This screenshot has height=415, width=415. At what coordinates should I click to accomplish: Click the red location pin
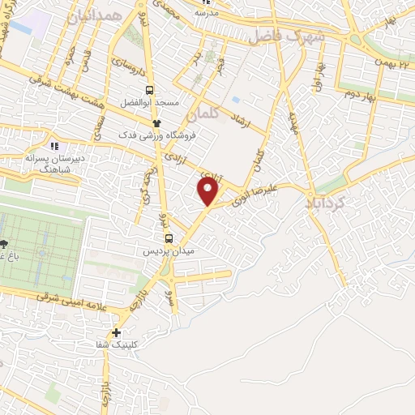coord(209,192)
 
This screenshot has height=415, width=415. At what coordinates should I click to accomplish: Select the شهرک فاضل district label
coord(286,35)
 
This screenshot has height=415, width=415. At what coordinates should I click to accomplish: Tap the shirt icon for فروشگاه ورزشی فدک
coord(156,122)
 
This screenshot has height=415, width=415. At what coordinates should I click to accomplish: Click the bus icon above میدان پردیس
coord(169,238)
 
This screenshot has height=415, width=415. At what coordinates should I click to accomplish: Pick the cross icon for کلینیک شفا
coord(118,332)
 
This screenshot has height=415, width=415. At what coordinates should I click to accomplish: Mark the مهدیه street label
coord(293,122)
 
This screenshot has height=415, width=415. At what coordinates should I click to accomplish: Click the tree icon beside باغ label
coord(5,243)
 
